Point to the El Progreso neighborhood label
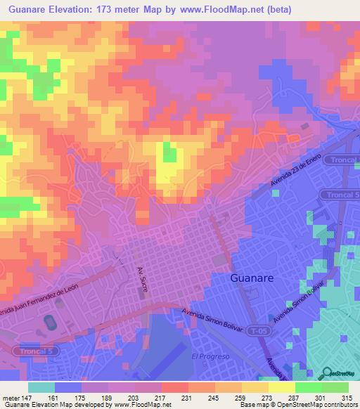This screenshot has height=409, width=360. click(211, 356)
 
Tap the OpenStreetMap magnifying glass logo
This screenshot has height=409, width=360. click(325, 373)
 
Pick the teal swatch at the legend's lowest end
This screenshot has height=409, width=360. click(41, 387)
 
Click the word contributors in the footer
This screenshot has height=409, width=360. click(341, 405)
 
